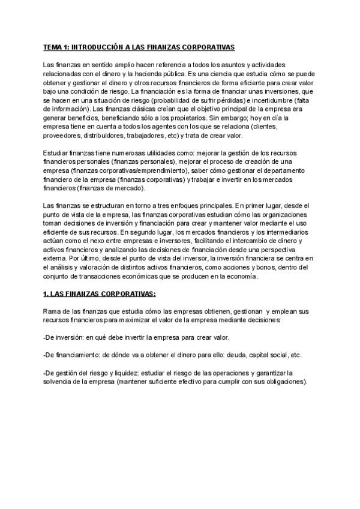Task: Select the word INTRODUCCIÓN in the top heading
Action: (102, 46)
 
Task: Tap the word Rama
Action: (53, 312)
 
